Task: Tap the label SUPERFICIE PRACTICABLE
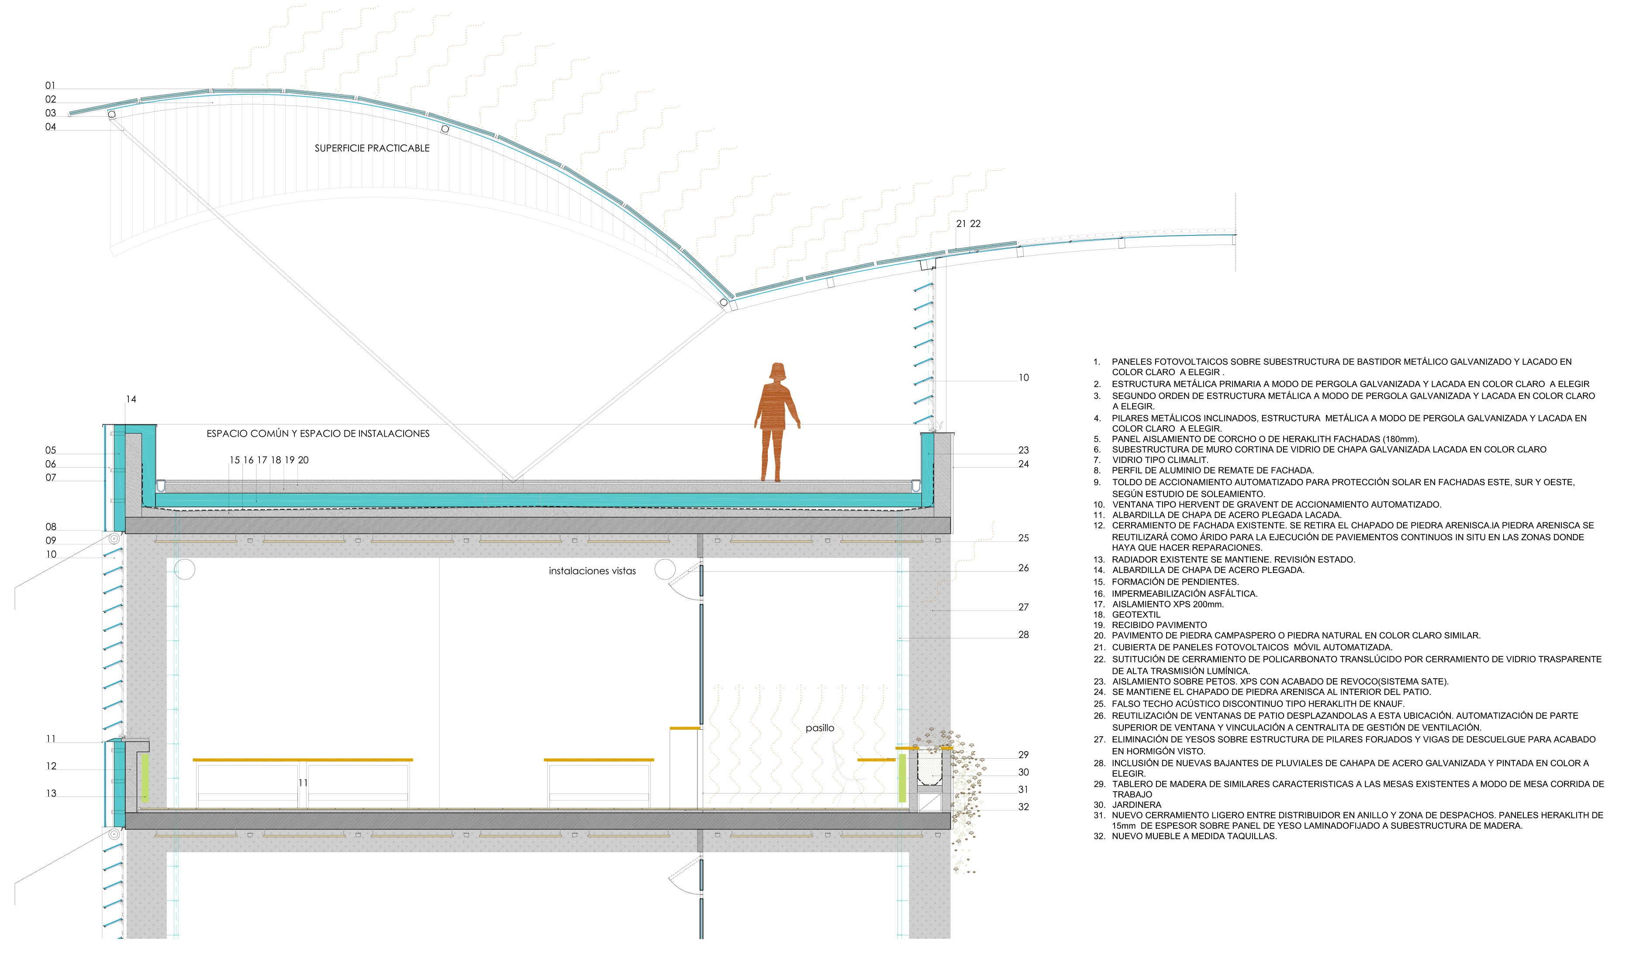click(x=372, y=148)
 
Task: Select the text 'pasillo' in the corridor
click(x=820, y=728)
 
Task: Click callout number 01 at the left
click(x=50, y=86)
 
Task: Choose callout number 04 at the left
click(x=50, y=127)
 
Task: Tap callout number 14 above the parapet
click(x=131, y=399)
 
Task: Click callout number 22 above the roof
click(x=975, y=224)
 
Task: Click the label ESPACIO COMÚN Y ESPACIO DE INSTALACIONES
click(x=318, y=434)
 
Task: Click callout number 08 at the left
click(x=51, y=527)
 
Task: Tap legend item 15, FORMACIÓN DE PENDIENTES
click(x=1175, y=582)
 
